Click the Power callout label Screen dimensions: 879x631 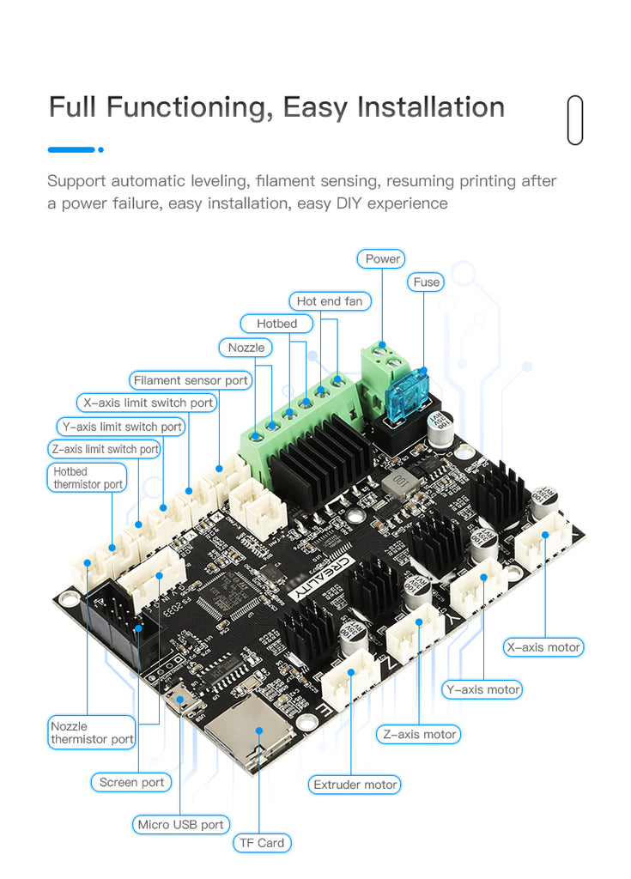pyautogui.click(x=383, y=258)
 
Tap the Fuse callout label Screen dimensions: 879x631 pyautogui.click(x=426, y=282)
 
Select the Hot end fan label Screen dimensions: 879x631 pyautogui.click(x=330, y=301)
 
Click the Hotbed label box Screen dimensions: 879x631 pyautogui.click(x=276, y=324)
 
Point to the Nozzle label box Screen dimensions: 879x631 pyautogui.click(x=246, y=348)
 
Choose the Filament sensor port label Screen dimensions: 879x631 pyautogui.click(x=191, y=380)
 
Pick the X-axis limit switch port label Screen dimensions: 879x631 pyautogui.click(x=148, y=403)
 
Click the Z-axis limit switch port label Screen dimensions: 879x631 pyautogui.click(x=104, y=449)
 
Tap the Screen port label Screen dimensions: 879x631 pyautogui.click(x=131, y=782)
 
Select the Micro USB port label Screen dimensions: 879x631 pyautogui.click(x=181, y=825)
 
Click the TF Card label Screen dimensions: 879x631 pyautogui.click(x=262, y=843)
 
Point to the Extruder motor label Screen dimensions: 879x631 pyautogui.click(x=355, y=785)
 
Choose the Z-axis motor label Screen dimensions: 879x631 pyautogui.click(x=420, y=734)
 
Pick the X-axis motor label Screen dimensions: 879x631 pyautogui.click(x=543, y=646)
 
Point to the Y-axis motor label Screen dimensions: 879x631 pyautogui.click(x=482, y=689)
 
